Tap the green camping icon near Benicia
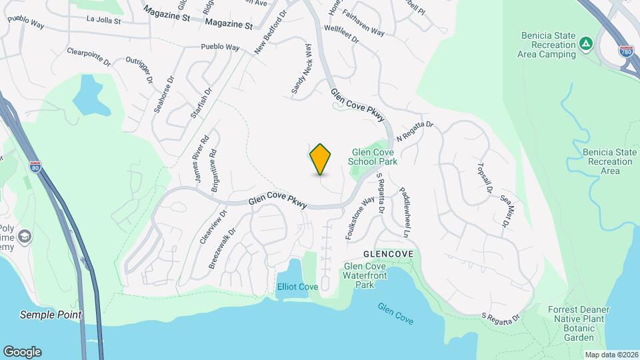click(x=585, y=43)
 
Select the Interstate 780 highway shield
click(x=625, y=52)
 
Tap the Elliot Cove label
click(x=297, y=287)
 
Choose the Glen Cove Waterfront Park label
click(x=364, y=276)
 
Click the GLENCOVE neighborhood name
click(x=389, y=255)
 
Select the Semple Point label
click(x=51, y=315)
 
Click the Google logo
click(x=22, y=352)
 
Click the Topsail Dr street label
click(x=484, y=178)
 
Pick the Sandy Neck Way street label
click(x=301, y=69)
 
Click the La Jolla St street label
click(x=103, y=21)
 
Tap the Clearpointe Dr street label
click(x=89, y=57)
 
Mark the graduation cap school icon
click(x=25, y=236)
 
